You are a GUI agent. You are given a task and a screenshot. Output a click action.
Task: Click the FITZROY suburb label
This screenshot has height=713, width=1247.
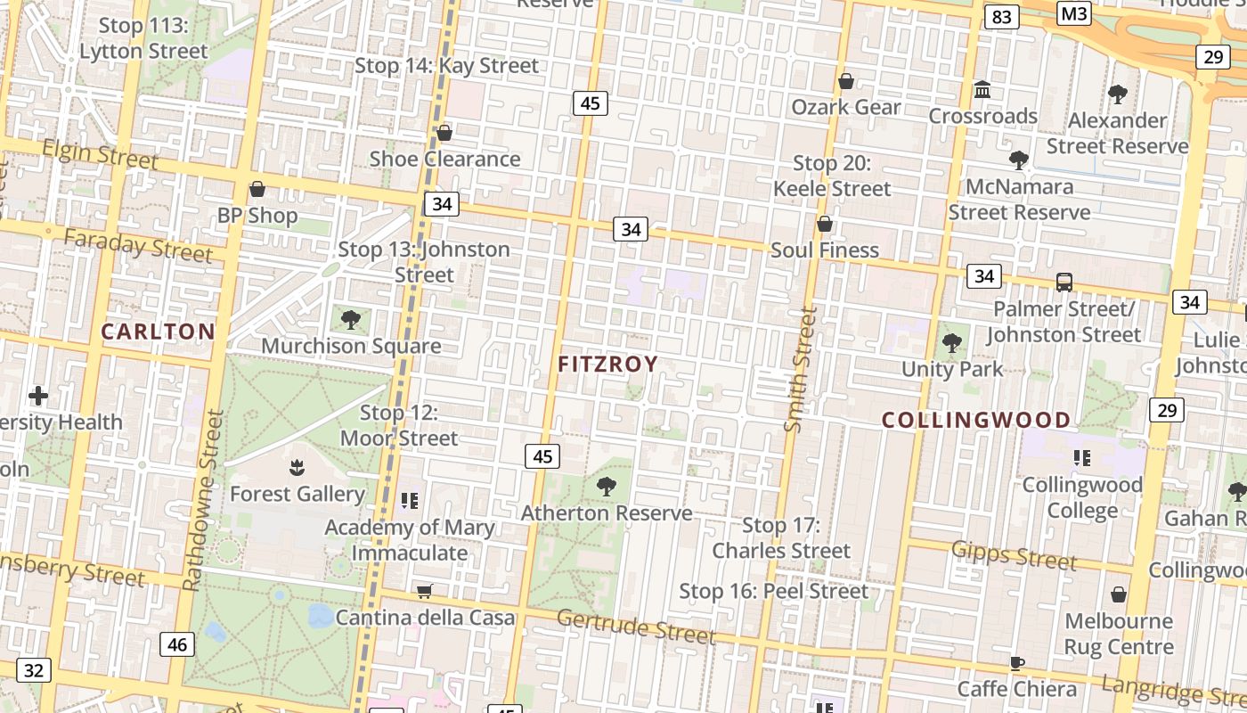tap(607, 364)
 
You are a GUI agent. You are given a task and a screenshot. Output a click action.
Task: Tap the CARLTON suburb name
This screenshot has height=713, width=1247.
tap(158, 332)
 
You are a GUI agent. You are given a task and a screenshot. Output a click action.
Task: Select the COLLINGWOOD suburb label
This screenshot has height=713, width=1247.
tap(976, 420)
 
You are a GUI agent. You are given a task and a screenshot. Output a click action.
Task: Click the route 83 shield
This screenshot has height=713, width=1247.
tap(1002, 17)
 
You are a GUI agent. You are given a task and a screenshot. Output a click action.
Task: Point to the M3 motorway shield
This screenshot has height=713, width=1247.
tap(1074, 13)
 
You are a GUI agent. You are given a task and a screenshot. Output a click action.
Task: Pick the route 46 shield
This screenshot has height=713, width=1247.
tap(177, 644)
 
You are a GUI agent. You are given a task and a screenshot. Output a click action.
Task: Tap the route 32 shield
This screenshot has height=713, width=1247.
tap(33, 670)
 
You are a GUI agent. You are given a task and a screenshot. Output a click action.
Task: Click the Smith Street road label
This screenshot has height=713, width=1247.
tap(800, 369)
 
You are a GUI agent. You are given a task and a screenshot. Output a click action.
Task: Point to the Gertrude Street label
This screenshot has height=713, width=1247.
tap(636, 626)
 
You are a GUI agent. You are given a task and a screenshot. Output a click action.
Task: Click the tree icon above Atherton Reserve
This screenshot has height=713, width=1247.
tap(607, 487)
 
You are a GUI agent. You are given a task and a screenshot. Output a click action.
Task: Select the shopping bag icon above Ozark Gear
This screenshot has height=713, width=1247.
tap(846, 81)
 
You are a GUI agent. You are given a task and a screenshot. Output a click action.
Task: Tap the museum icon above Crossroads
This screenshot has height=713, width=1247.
tap(983, 89)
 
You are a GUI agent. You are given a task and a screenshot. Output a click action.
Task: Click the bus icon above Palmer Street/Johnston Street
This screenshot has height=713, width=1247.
tap(1064, 283)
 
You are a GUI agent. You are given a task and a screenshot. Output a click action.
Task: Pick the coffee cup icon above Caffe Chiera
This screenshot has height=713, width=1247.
tap(1017, 662)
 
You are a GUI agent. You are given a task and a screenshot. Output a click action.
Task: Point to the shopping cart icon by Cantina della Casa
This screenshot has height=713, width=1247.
tap(425, 591)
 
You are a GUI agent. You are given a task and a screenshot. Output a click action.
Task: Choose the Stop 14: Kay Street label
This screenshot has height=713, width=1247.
tap(446, 66)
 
